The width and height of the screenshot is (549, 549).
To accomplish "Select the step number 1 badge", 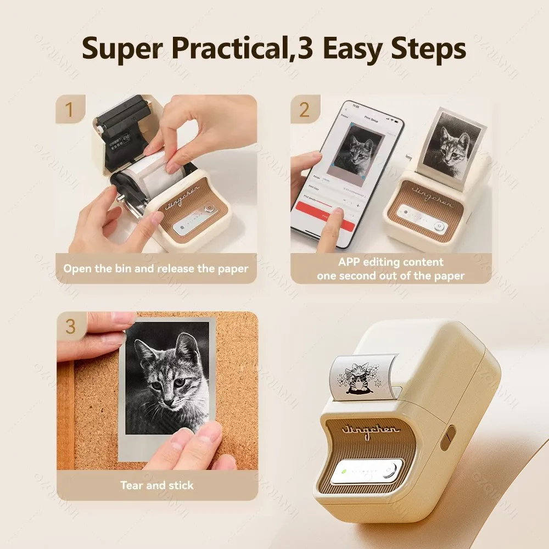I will [x=69, y=109].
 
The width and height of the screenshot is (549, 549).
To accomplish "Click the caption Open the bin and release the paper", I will [x=156, y=268].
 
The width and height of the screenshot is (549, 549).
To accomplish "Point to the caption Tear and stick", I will [x=156, y=485].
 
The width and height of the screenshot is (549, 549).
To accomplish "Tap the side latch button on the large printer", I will [x=447, y=436].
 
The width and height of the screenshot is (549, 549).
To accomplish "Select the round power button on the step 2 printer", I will [x=438, y=226].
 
